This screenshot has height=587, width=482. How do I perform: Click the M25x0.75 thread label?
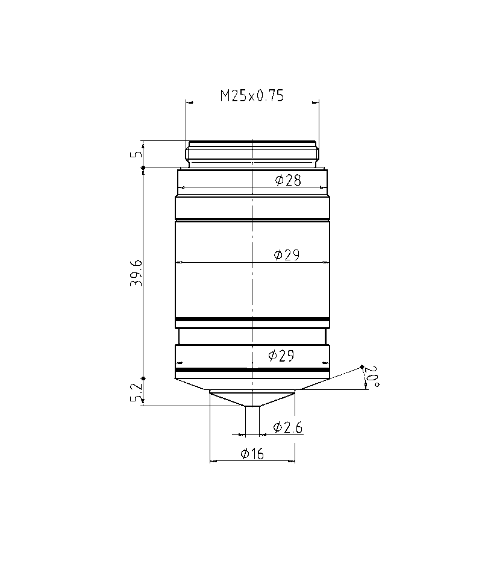[x=252, y=96]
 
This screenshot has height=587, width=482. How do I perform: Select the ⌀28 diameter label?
[x=288, y=180]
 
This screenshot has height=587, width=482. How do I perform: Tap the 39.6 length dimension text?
[x=136, y=273]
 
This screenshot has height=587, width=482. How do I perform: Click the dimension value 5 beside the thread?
[x=137, y=154]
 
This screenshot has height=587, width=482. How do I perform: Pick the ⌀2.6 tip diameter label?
[x=288, y=427]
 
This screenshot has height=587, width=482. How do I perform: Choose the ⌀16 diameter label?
[x=252, y=454]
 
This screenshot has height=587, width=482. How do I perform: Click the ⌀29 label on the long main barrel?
[x=287, y=256]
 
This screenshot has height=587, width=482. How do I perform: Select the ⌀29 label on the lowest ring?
[x=281, y=355]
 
